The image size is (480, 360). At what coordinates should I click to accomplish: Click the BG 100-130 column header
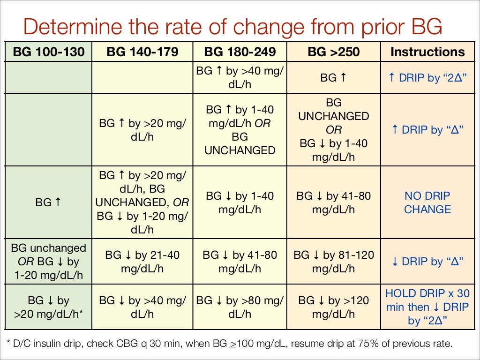click(x=48, y=52)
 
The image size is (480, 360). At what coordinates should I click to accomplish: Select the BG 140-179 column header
click(x=142, y=52)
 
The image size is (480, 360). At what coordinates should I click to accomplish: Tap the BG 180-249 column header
click(x=240, y=52)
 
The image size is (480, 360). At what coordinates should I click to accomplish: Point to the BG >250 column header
click(x=333, y=52)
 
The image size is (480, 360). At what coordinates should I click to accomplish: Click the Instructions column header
click(x=427, y=52)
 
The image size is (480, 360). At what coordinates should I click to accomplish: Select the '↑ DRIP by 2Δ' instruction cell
click(x=427, y=78)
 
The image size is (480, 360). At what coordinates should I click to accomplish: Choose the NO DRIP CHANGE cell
click(x=427, y=202)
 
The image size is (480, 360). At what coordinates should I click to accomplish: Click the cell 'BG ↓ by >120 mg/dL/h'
click(x=333, y=307)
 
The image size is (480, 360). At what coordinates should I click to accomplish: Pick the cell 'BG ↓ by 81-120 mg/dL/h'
click(x=333, y=262)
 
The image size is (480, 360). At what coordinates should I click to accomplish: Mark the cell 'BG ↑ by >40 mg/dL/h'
click(x=240, y=78)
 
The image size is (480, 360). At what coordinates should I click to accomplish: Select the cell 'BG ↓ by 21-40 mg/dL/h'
click(x=142, y=262)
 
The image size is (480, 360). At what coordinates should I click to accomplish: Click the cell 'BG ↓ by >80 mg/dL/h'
click(x=240, y=307)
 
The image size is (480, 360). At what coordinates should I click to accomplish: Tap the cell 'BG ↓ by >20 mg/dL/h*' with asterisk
click(x=48, y=307)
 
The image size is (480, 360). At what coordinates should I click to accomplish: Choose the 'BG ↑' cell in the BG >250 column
click(x=333, y=78)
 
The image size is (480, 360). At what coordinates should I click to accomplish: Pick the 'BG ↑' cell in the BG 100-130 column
click(x=48, y=202)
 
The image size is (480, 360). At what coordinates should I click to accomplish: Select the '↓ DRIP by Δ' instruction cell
click(x=427, y=262)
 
